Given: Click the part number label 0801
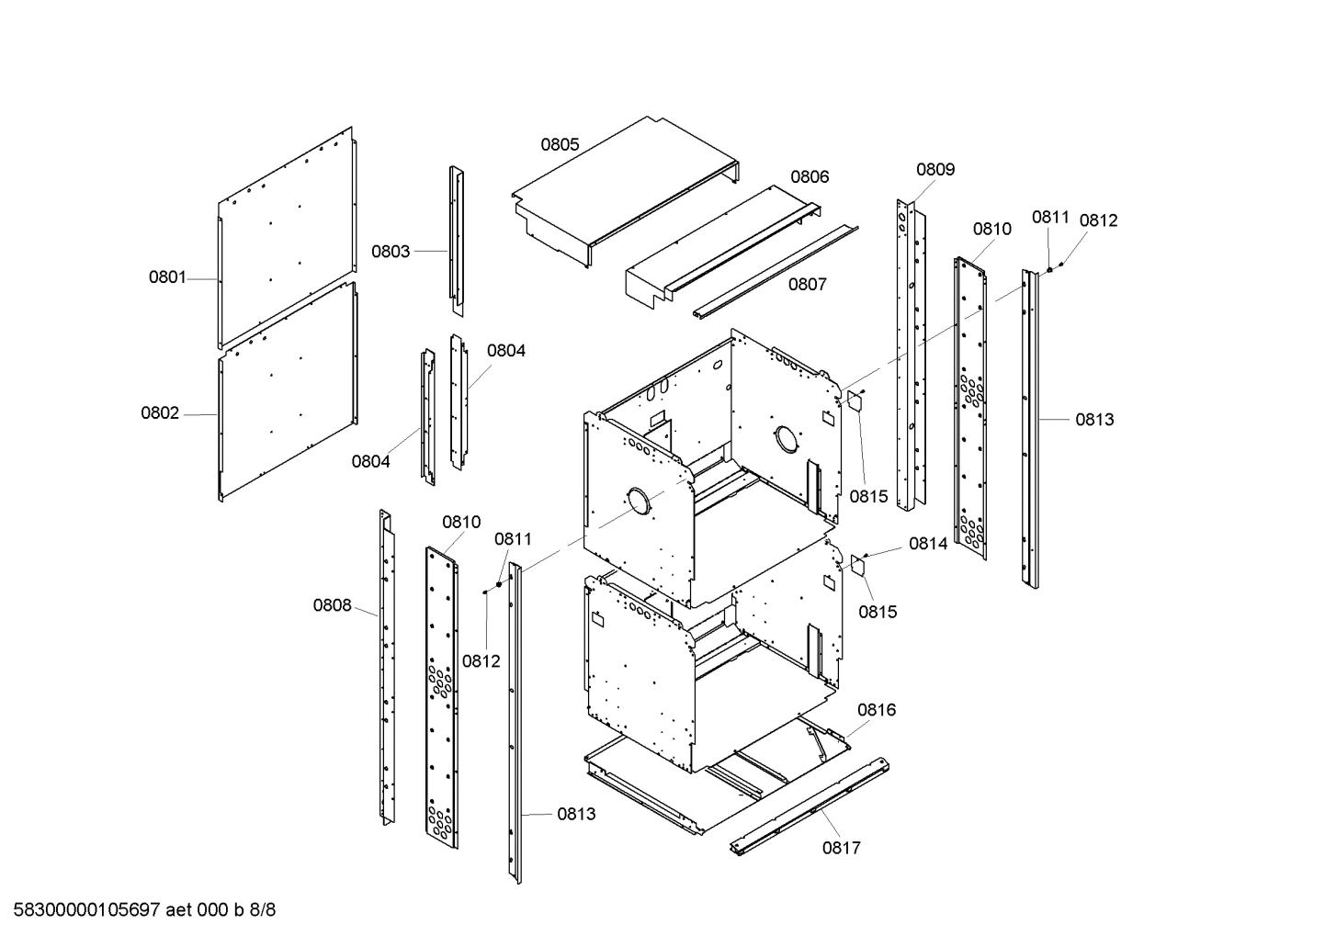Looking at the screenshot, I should [167, 277].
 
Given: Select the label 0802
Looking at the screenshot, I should [160, 413].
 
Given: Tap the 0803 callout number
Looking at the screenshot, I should [391, 252].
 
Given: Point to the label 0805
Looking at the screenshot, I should [560, 144].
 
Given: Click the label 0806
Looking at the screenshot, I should [810, 177].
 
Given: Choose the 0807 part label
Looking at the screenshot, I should [807, 285].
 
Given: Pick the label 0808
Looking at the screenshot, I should [332, 605].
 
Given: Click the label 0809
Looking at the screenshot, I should [935, 169].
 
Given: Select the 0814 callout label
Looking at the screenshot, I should [928, 544].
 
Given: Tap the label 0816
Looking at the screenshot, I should [877, 710].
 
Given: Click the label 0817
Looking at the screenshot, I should [841, 848].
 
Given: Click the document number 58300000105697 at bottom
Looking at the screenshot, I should [82, 910].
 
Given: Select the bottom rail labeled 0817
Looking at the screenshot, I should [809, 807].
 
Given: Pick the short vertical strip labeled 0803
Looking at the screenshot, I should [456, 239].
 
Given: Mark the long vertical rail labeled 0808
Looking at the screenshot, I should [387, 666].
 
